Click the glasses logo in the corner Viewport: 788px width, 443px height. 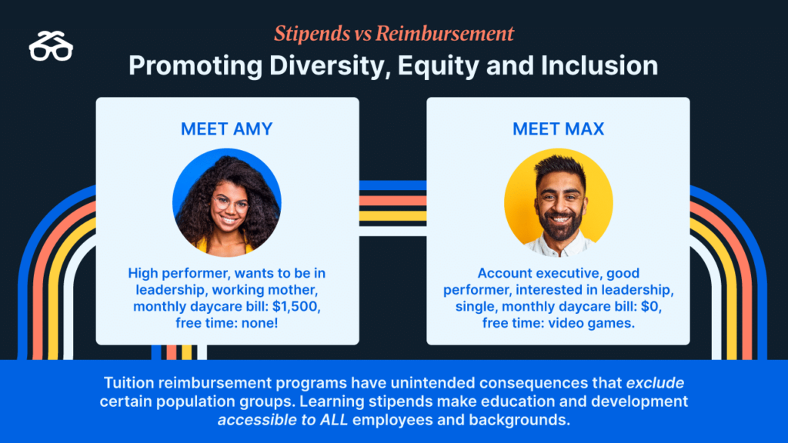[x=51, y=46]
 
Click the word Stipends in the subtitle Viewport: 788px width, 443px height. [x=312, y=34]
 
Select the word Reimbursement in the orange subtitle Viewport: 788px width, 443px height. [x=445, y=34]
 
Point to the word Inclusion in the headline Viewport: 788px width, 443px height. [x=599, y=66]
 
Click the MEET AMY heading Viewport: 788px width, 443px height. [x=227, y=129]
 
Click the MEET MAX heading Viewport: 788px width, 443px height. [x=559, y=129]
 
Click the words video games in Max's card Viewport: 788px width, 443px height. [x=591, y=323]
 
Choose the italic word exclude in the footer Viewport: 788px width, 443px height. [x=655, y=383]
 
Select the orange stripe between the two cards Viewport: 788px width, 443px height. [x=392, y=201]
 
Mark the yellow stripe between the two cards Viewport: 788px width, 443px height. [x=392, y=216]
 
